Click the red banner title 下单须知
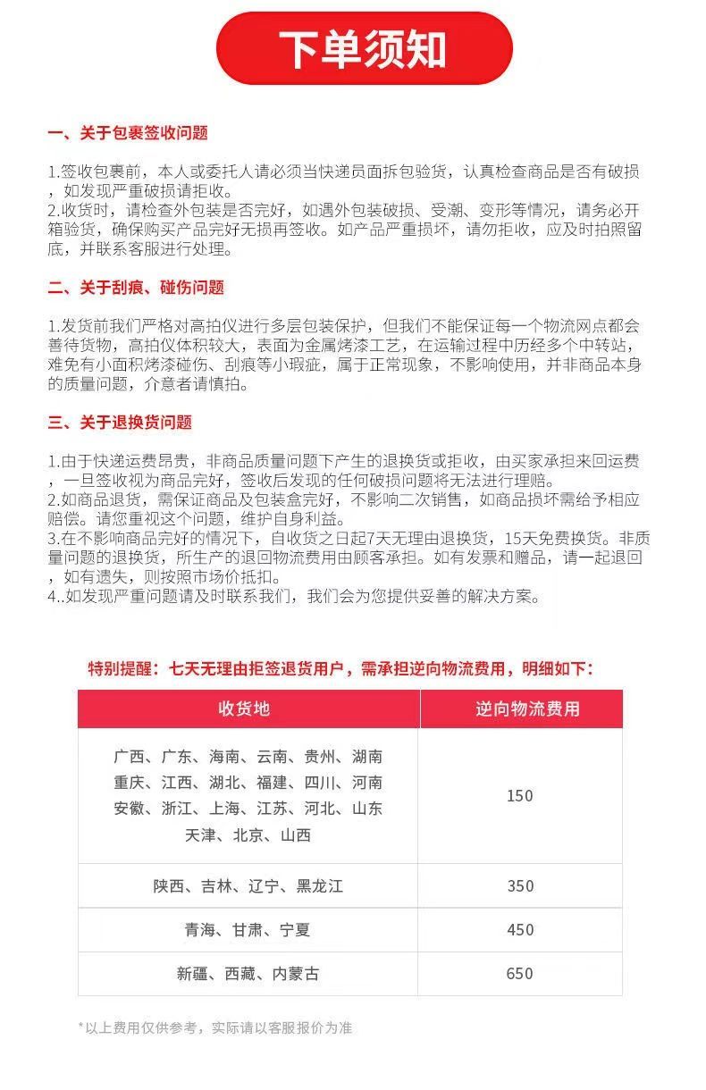363,48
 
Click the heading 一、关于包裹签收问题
128,133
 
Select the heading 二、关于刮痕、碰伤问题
136,288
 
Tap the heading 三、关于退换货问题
120,423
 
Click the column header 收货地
244,708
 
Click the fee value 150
519,796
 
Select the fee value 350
519,886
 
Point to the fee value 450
519,930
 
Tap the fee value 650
519,974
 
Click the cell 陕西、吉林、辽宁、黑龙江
248,886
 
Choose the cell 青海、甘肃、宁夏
248,930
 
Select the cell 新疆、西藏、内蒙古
248,974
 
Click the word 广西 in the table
129,757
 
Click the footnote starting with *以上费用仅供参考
215,1027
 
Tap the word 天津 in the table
200,835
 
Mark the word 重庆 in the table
129,783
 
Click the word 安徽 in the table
129,809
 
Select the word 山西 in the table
295,835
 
